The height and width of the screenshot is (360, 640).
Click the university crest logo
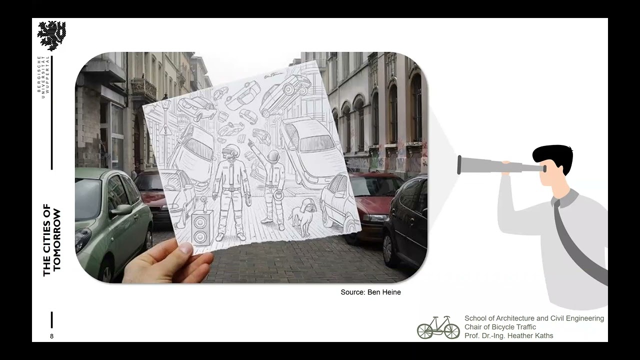51,35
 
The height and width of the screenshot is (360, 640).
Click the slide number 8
51,336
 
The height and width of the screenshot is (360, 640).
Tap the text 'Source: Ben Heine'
370,292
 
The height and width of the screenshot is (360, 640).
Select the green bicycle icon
438,327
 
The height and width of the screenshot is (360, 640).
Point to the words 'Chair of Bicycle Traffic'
500,327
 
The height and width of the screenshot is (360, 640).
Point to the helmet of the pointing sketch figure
273,156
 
